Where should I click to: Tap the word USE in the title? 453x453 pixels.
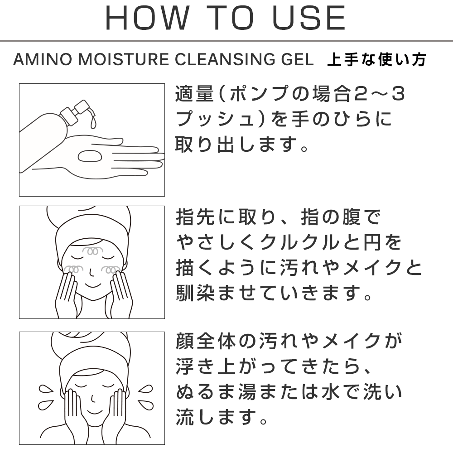(x=308, y=18)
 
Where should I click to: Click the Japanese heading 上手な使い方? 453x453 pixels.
(x=377, y=59)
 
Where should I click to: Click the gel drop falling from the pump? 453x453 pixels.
(x=93, y=122)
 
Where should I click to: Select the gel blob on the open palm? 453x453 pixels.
(x=90, y=156)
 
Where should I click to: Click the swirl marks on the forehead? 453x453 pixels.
(x=92, y=251)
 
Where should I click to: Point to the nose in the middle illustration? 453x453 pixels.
(x=92, y=272)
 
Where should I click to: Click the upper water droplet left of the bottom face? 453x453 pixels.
(x=46, y=390)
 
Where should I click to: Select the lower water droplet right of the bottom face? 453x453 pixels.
(x=145, y=405)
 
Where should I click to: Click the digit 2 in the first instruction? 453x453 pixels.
(x=361, y=94)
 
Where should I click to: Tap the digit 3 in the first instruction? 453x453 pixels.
(x=398, y=94)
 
